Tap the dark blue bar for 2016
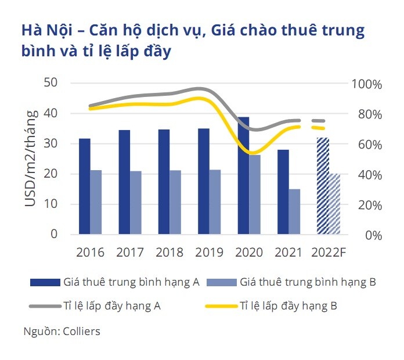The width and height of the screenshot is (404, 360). point(85,186)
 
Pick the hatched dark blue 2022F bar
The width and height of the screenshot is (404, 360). point(322,186)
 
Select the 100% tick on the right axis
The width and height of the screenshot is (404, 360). point(366,84)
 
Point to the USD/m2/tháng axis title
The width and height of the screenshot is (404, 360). point(32,160)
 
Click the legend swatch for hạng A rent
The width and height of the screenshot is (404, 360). point(46,283)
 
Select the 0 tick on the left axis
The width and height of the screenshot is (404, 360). point(54,235)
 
